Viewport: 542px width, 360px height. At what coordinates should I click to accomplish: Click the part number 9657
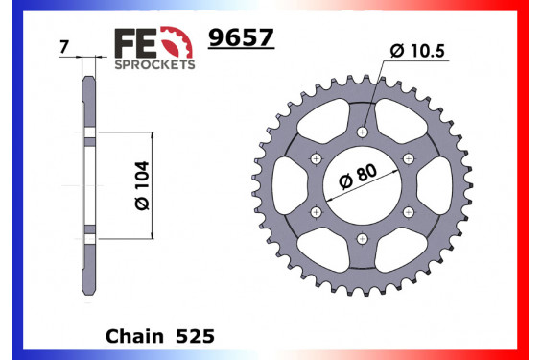tap(241, 37)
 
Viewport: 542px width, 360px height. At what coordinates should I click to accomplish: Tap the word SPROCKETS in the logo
tap(154, 64)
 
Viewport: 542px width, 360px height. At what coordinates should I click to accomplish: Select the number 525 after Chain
tap(196, 338)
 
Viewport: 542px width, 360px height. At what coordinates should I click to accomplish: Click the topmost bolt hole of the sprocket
tap(362, 132)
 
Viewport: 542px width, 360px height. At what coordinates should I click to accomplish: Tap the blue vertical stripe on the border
tap(6, 180)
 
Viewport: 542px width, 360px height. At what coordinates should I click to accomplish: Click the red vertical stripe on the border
tap(535, 180)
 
